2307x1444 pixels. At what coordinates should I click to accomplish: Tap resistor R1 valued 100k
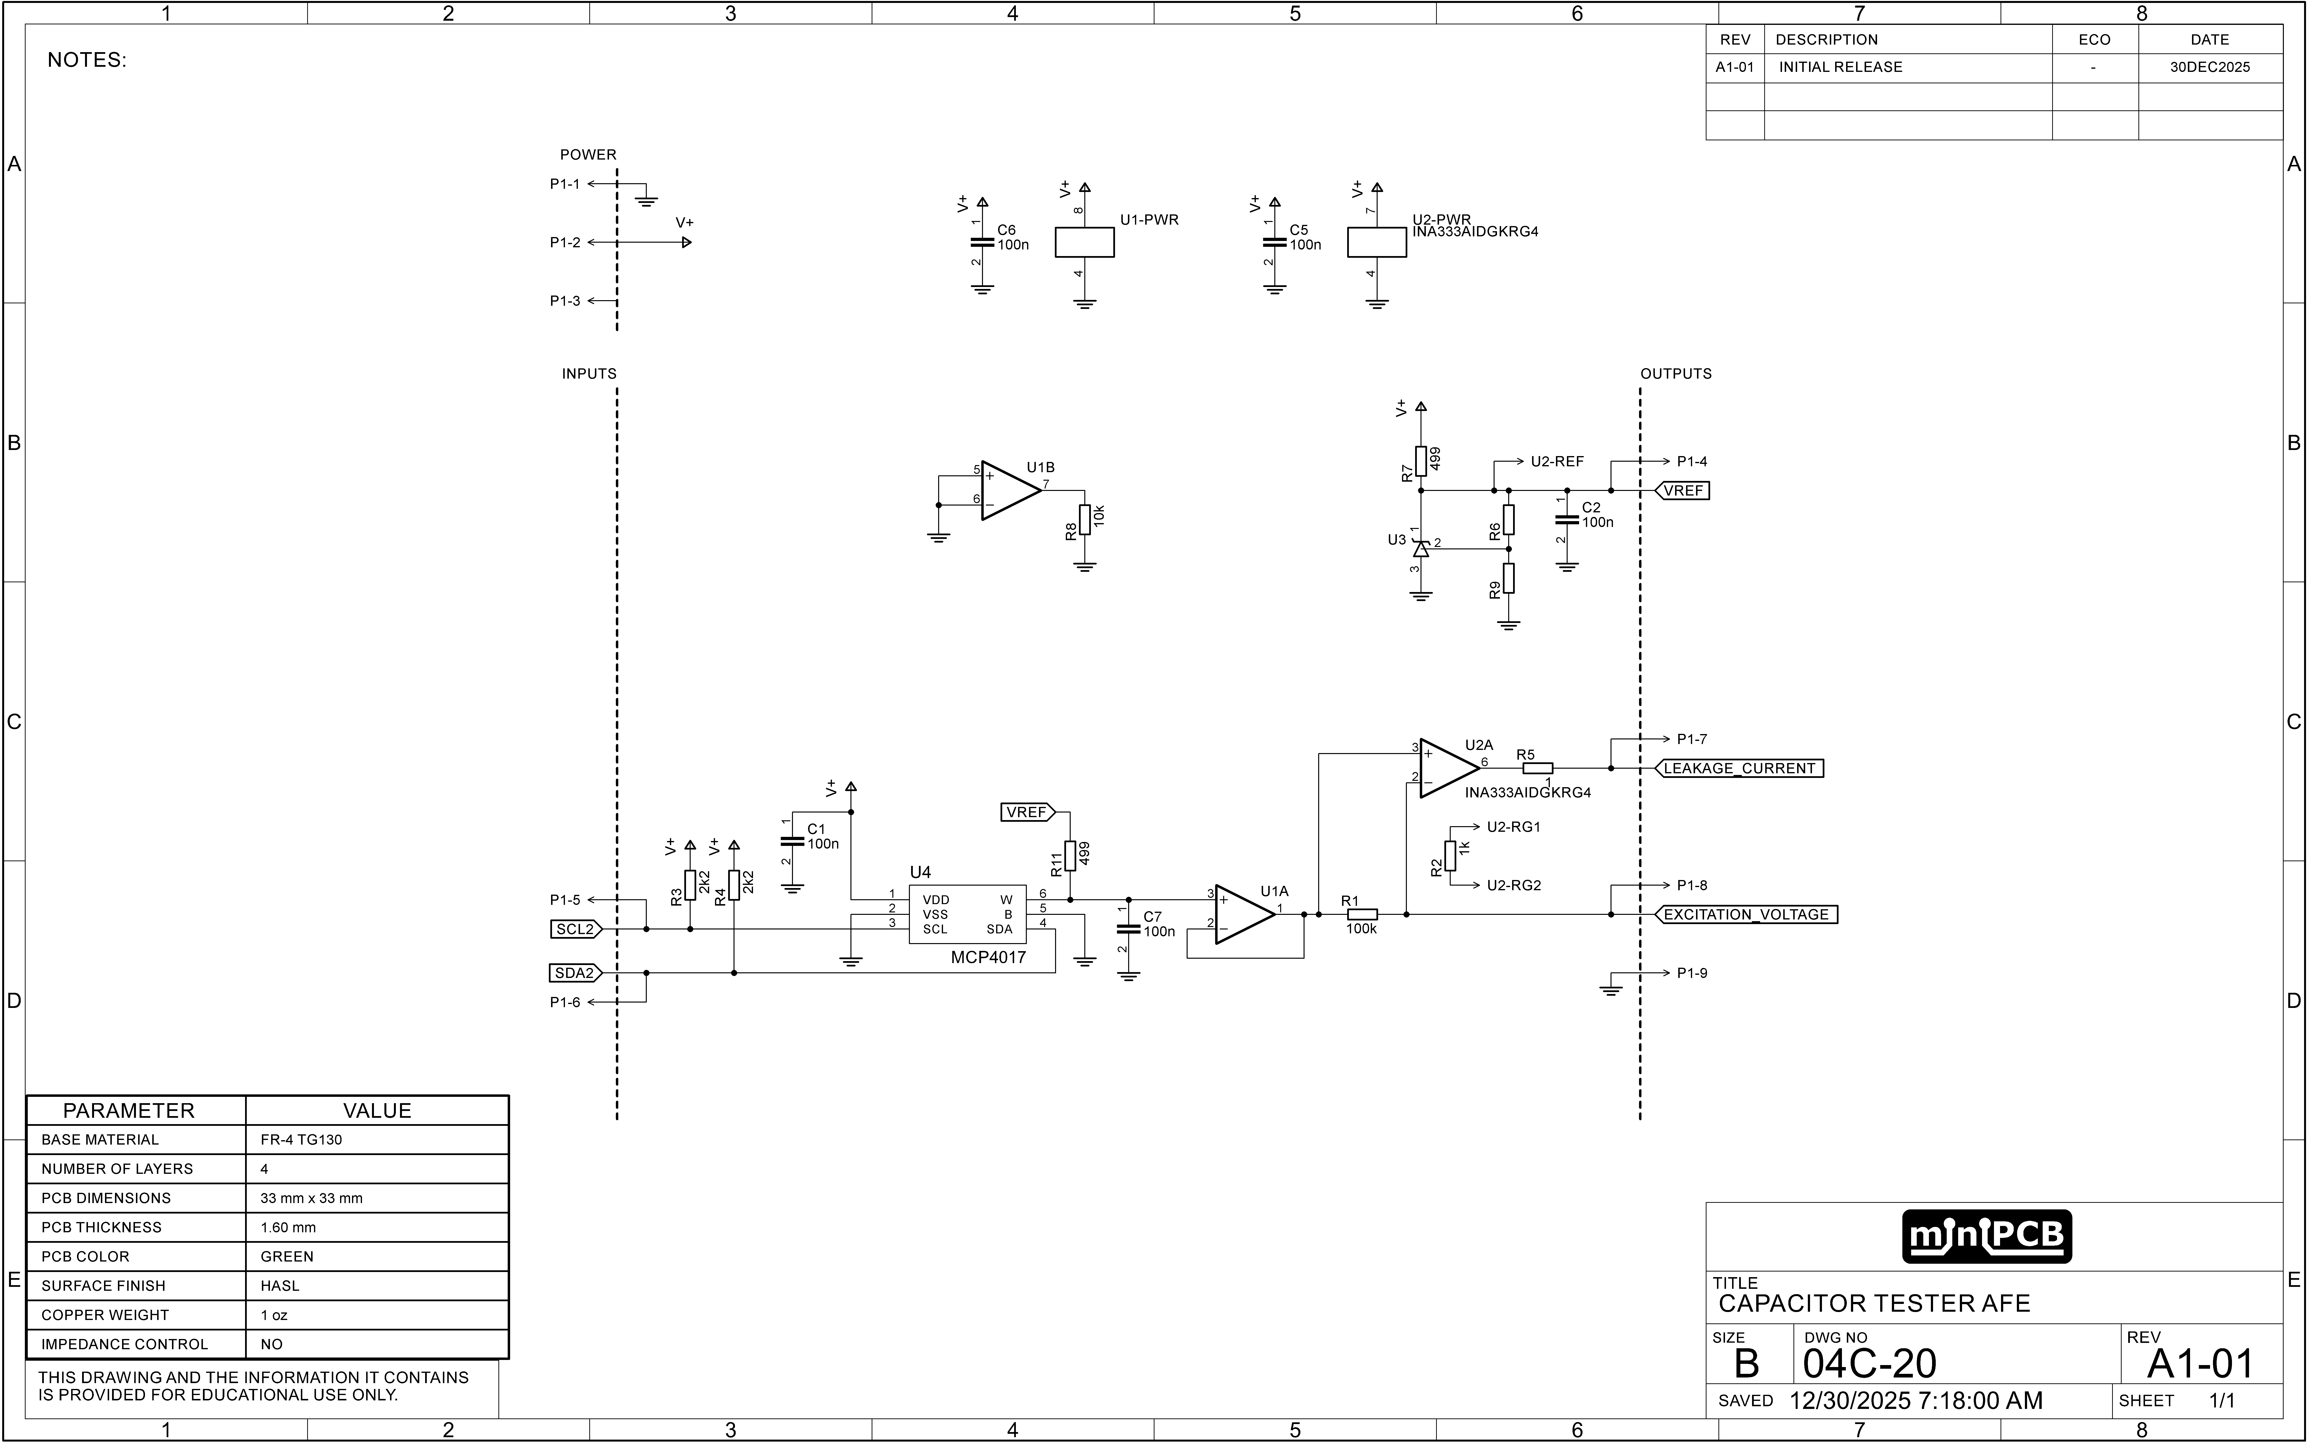tap(1362, 914)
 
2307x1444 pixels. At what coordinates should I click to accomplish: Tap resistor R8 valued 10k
tap(1085, 520)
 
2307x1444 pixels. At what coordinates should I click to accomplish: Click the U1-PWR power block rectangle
tap(1085, 243)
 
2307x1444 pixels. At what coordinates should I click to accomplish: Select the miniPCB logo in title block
tap(1986, 1237)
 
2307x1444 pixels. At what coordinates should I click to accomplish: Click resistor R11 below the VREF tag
tap(1070, 856)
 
